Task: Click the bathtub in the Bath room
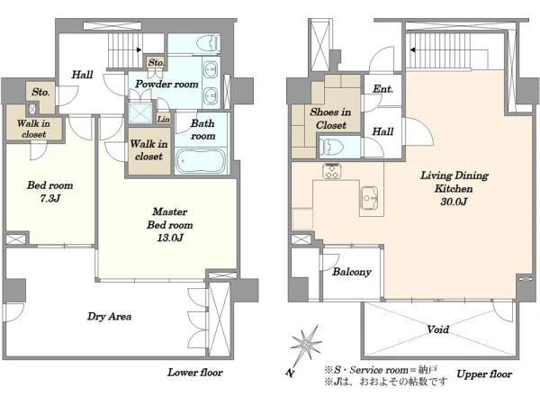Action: click(201, 161)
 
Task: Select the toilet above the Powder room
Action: click(209, 43)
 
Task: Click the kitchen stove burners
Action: click(332, 171)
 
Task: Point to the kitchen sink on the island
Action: click(369, 198)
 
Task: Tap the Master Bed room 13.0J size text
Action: click(170, 238)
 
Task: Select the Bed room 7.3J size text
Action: click(50, 198)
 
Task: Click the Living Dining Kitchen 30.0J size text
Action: click(454, 202)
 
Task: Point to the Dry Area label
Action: click(109, 317)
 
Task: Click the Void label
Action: click(438, 329)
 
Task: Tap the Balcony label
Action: click(352, 272)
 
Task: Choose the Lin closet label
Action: click(164, 119)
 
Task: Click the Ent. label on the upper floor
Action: click(383, 89)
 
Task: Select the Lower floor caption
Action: click(195, 373)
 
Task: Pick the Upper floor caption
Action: click(484, 374)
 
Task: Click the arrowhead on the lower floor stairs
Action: click(139, 49)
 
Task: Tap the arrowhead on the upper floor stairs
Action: click(412, 49)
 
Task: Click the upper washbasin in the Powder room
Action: click(210, 70)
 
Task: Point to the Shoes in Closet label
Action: click(330, 119)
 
